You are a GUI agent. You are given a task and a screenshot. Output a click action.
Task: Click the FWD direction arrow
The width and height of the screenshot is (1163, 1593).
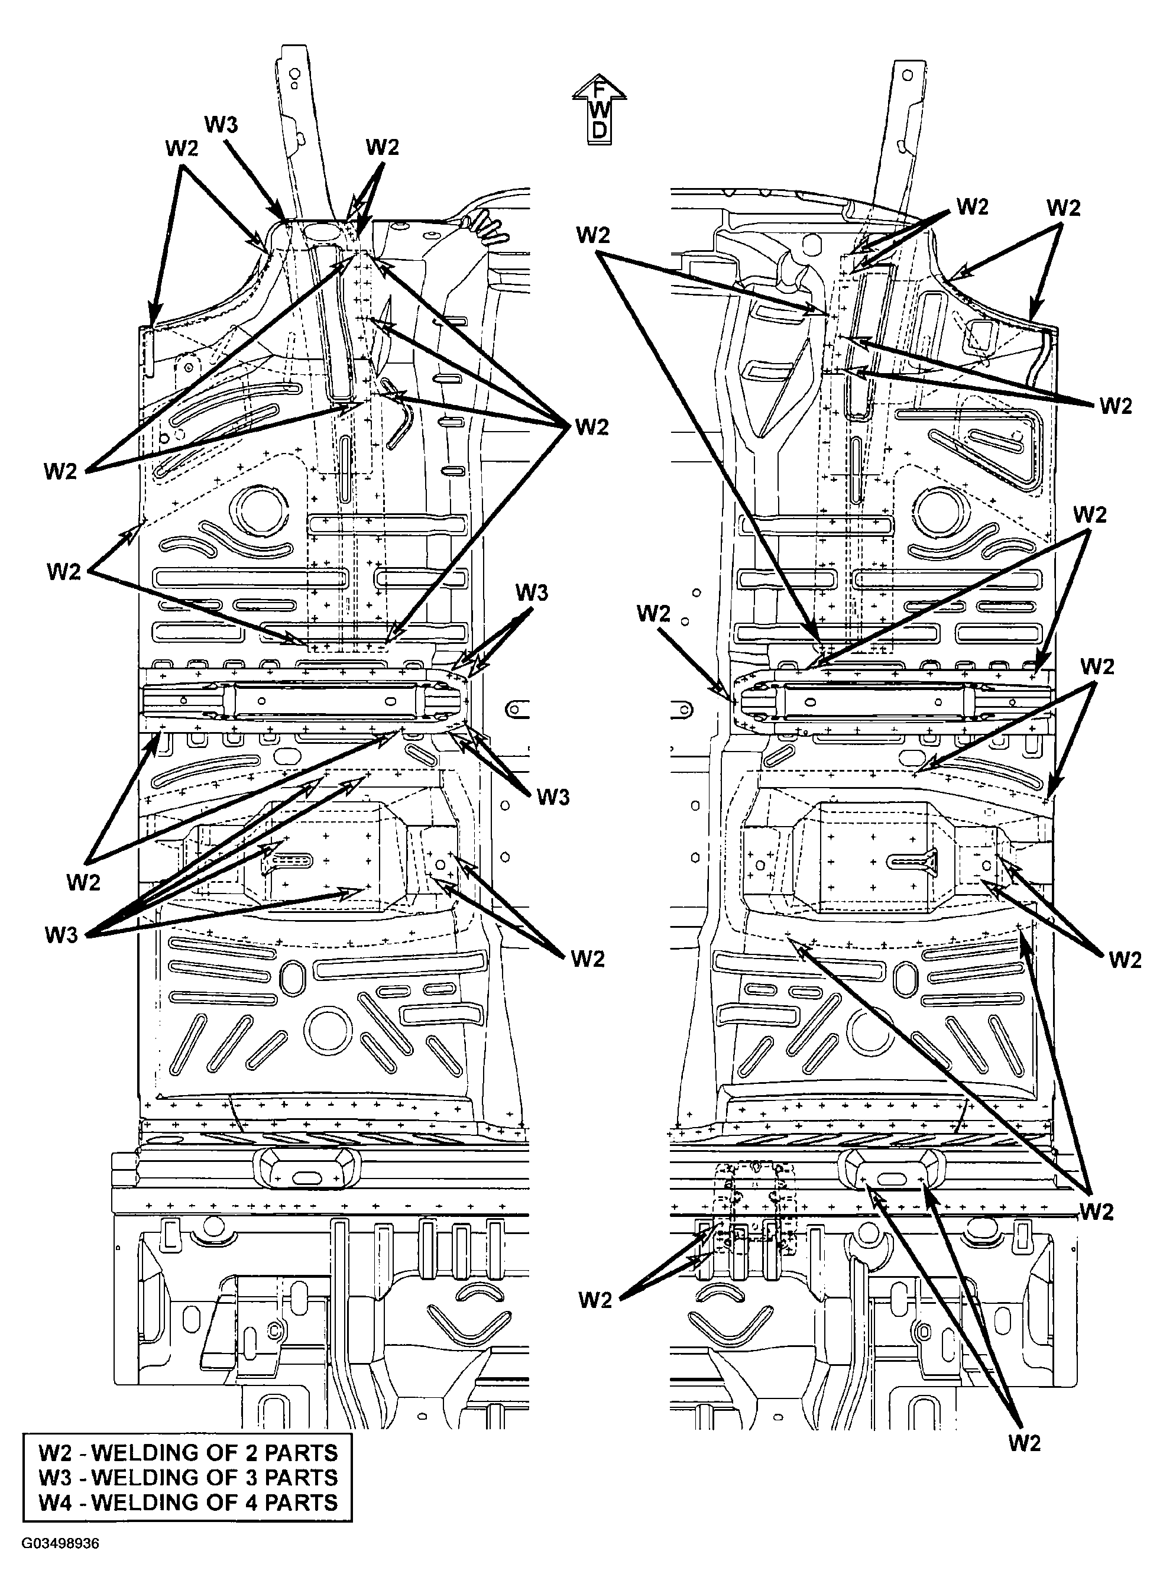point(599,109)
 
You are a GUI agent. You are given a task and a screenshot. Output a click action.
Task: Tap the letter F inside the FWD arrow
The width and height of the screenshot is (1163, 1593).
point(599,90)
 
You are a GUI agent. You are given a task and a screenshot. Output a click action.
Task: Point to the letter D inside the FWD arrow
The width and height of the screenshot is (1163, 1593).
point(599,130)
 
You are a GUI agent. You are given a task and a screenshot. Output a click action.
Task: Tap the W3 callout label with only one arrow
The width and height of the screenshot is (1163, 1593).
point(221,125)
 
